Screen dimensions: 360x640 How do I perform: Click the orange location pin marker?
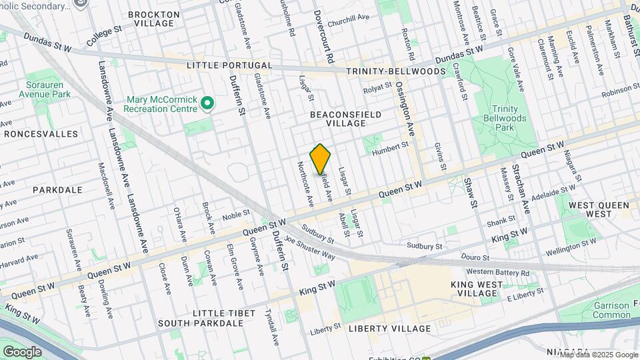(321, 159)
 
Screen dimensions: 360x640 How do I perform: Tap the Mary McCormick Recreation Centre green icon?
(207, 103)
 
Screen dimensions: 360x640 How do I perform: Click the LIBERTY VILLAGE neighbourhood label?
(390, 329)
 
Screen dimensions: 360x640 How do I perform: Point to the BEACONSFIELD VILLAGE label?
(346, 119)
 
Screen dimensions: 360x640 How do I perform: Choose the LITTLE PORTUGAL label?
(229, 65)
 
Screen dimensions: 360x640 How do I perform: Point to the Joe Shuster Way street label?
(309, 247)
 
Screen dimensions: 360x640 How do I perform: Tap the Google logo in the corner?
(22, 351)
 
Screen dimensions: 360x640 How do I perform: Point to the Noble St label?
(235, 214)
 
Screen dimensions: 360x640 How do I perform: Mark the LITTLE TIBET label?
(223, 313)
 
